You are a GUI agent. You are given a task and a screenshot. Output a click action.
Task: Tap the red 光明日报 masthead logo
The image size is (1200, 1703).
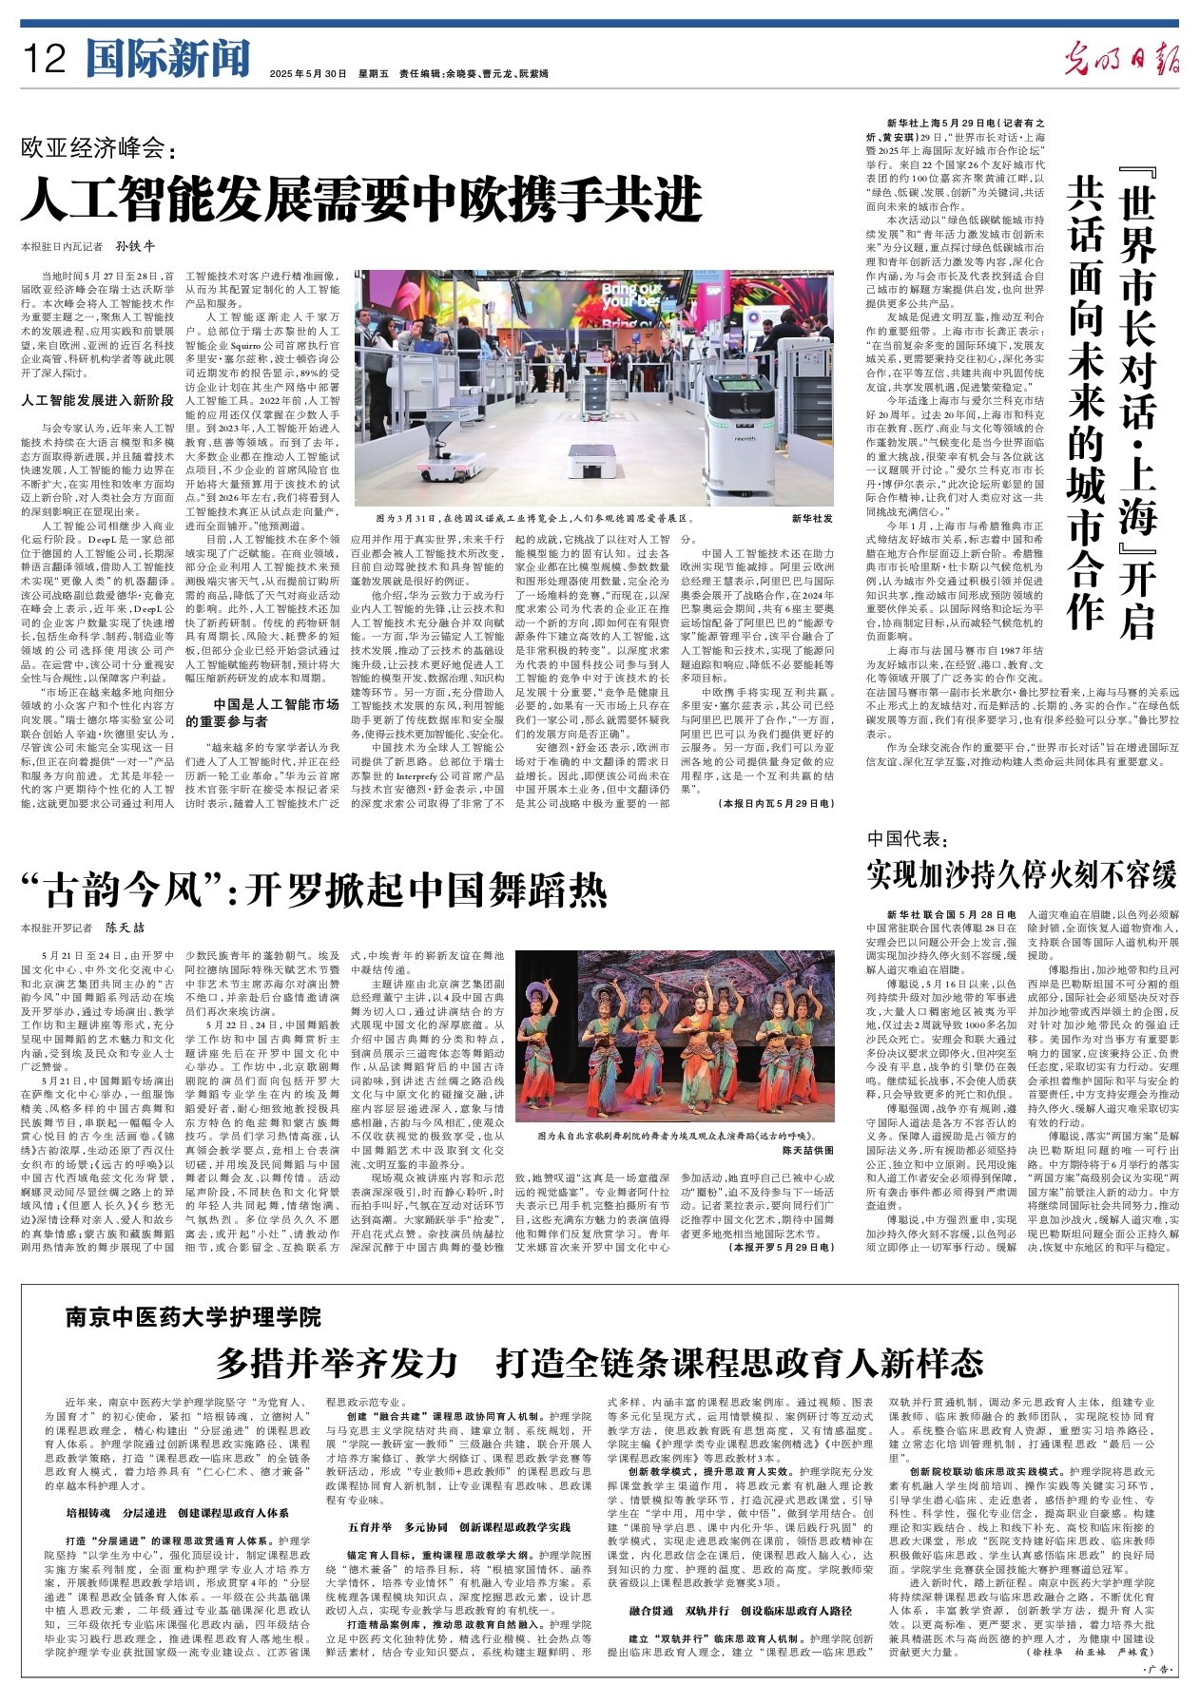pos(1122,59)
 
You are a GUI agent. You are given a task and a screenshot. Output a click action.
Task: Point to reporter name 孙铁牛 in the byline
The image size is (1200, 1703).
pos(135,246)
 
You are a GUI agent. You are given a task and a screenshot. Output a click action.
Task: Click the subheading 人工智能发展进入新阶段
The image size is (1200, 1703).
pos(98,400)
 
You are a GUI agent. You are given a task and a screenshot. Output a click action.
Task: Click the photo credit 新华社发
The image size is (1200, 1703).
pos(811,519)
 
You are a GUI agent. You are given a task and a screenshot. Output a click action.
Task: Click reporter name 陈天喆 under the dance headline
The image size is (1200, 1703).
pos(125,928)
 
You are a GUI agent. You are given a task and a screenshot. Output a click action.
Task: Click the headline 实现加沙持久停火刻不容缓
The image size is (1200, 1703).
pos(1021,873)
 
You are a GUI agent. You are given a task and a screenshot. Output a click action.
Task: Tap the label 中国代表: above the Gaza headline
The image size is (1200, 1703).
pos(907,838)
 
